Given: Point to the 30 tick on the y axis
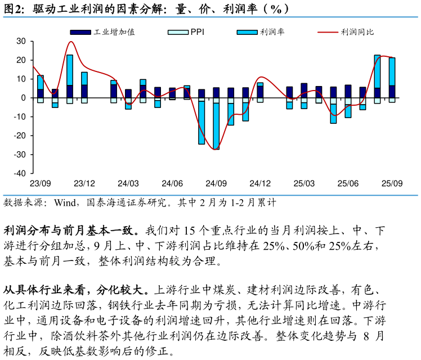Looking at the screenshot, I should pos(21,41).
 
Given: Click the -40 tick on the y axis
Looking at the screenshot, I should pos(20,173).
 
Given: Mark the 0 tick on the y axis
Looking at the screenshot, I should pos(24,98).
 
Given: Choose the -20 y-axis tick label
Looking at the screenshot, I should pos(20,136).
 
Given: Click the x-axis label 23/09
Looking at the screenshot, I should pos(41,183).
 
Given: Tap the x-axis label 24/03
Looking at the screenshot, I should pos(128,183).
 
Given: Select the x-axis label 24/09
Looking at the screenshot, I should pos(216,183).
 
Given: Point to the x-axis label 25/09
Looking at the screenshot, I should pos(392,183).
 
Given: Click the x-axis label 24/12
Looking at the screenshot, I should pos(260,183).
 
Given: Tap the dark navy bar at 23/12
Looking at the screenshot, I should pos(84,91).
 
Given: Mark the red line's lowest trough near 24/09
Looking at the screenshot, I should pos(215,149).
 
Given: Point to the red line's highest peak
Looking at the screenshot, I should pos(71,42).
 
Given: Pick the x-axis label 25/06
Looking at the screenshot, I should pos(348,183).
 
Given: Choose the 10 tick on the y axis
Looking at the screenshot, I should pos(21,79).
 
